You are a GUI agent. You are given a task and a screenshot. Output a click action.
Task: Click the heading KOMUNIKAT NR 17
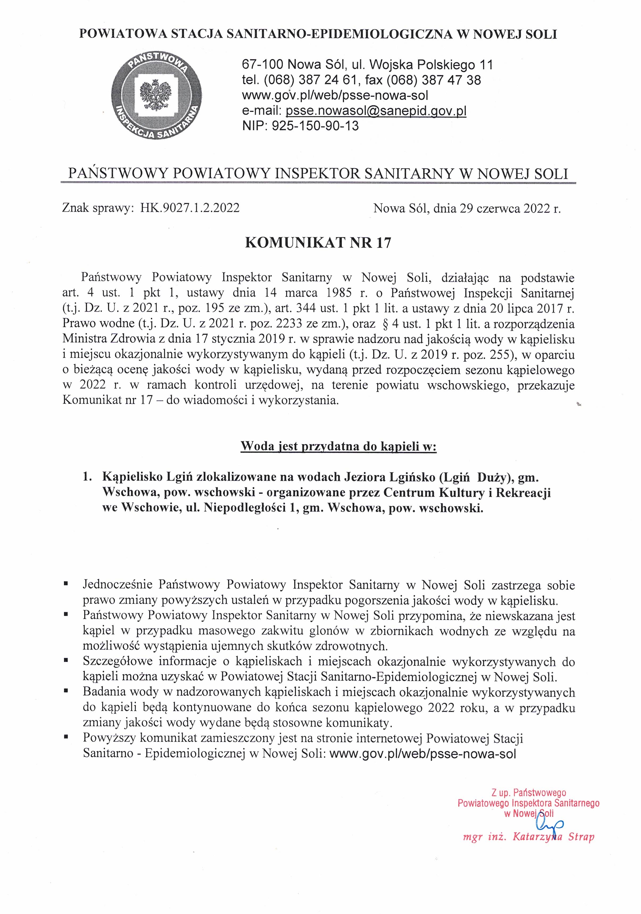point(318,243)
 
